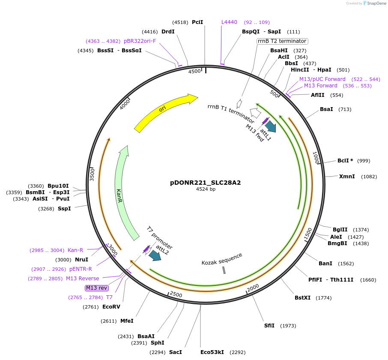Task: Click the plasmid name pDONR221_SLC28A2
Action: (x=206, y=182)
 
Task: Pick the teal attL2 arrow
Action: (x=154, y=255)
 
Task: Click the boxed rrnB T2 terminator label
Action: (x=282, y=41)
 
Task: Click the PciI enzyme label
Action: (x=197, y=22)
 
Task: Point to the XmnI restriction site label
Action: (x=347, y=177)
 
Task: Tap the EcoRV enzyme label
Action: (x=111, y=307)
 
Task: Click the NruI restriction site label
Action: (x=81, y=260)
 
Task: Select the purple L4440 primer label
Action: (x=229, y=22)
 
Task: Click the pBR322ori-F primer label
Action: (x=140, y=41)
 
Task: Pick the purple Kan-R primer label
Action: (x=75, y=250)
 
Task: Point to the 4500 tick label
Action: (x=194, y=72)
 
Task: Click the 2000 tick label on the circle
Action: (x=253, y=287)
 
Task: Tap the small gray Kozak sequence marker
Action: (x=224, y=270)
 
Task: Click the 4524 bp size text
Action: (x=206, y=189)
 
